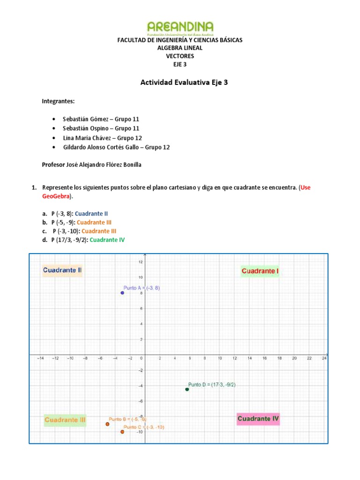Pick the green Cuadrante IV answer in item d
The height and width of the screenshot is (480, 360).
[107, 240]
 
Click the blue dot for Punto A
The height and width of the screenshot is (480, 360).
[122, 293]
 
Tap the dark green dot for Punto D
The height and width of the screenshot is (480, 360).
[187, 390]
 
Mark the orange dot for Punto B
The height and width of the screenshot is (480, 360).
[107, 424]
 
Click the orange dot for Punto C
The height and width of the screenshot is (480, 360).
[122, 432]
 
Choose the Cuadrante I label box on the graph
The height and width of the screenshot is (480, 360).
[260, 271]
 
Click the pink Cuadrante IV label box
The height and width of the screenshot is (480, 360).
[258, 419]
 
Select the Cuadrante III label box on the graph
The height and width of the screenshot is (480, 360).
[65, 420]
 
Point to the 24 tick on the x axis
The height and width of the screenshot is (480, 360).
[324, 359]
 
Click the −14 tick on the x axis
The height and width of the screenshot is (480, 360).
[40, 359]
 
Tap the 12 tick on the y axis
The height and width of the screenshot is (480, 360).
[140, 262]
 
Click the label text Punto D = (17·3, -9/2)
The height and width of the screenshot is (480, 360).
[211, 384]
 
